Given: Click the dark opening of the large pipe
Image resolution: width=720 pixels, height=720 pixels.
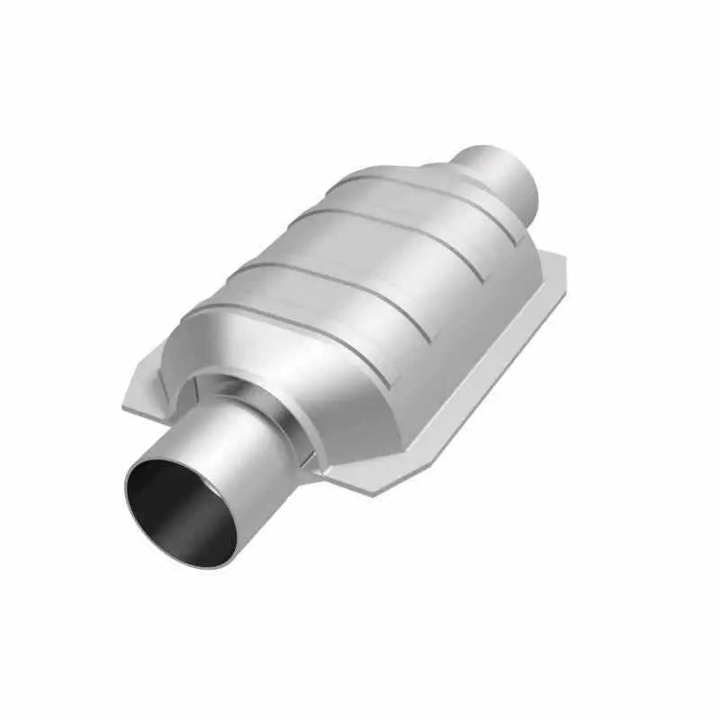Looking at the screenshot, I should click(175, 508).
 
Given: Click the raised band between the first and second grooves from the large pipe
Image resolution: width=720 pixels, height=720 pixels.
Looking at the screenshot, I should click(315, 301).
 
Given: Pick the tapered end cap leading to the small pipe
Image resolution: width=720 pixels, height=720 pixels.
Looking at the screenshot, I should click(450, 184).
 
